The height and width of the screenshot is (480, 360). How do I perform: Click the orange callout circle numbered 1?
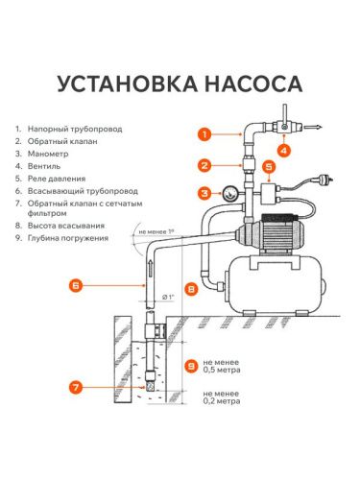pyautogui.click(x=204, y=134)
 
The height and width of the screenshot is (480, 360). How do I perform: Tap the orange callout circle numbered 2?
pyautogui.click(x=204, y=163)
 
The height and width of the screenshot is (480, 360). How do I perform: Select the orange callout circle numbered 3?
pyautogui.click(x=204, y=193)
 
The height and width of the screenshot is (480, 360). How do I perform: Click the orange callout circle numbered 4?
pyautogui.click(x=284, y=150)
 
